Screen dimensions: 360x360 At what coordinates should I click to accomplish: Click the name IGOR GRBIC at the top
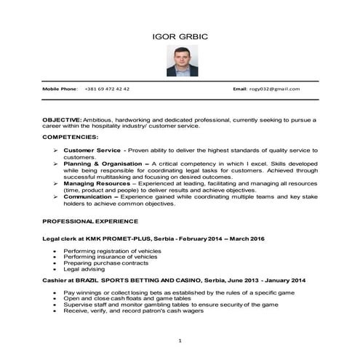180,36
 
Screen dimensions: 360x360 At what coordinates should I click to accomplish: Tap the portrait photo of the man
180,61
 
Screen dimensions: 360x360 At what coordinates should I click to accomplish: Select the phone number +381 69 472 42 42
107,88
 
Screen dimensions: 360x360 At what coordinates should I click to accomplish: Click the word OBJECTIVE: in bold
63,119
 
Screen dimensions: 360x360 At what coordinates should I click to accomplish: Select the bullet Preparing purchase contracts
101,263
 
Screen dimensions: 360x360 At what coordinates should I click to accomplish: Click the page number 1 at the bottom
180,340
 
